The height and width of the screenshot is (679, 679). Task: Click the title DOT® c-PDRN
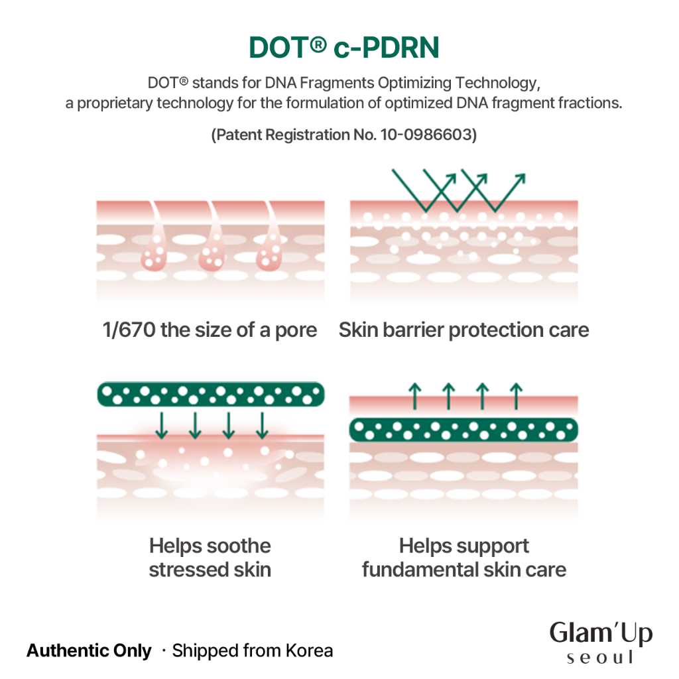tap(344, 47)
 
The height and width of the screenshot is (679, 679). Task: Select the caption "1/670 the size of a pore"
tap(210, 330)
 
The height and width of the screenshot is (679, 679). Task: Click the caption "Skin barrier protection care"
tap(463, 330)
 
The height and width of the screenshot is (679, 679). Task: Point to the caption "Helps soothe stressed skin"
tap(210, 558)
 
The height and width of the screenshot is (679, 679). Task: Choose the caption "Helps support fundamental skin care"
tap(463, 558)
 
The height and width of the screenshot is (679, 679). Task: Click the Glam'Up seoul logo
tap(601, 643)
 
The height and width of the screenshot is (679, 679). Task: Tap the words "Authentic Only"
tap(90, 651)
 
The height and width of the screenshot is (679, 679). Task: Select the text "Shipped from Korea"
tap(253, 651)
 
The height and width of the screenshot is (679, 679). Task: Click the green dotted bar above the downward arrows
tap(211, 394)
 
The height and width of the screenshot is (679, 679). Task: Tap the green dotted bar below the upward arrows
tap(463, 430)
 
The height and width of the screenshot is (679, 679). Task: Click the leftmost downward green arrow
tap(162, 425)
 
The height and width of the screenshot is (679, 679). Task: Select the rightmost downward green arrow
tap(262, 425)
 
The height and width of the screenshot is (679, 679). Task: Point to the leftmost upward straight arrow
tap(415, 396)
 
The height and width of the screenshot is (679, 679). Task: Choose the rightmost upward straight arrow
tap(516, 396)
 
